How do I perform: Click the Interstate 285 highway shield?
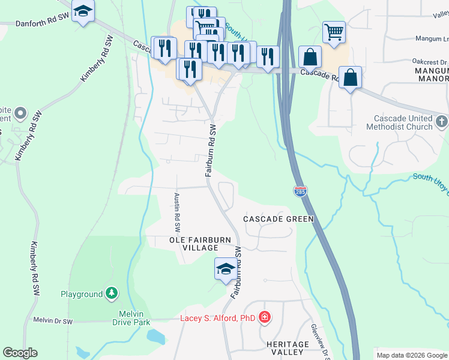301,191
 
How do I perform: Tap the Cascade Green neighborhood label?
278,219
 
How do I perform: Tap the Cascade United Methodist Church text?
393,122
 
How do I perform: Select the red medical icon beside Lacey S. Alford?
265,318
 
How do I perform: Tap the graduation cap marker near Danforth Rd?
83,11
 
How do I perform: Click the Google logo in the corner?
20,353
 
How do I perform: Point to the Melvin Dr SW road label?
53,322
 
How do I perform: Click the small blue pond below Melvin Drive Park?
155,337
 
